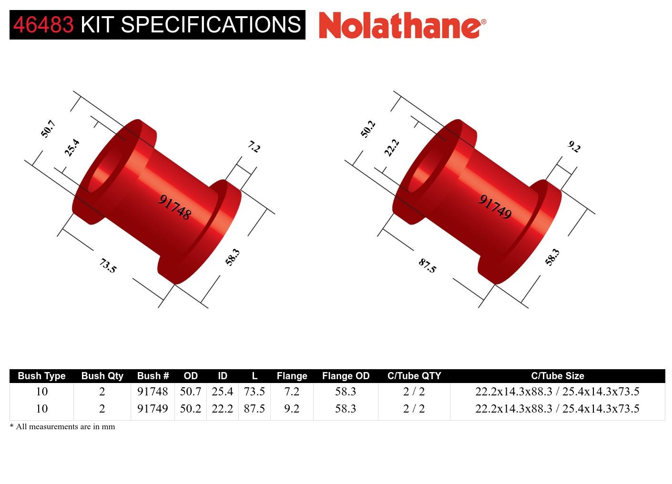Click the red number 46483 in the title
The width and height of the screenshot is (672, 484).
43,25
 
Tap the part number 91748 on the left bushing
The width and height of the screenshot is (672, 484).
174,207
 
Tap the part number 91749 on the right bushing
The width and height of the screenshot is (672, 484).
495,207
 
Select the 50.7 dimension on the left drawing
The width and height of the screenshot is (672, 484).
48,129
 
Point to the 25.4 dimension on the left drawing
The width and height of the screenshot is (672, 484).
72,148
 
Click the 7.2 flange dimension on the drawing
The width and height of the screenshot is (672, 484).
254,147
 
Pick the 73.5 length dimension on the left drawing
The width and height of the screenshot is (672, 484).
108,265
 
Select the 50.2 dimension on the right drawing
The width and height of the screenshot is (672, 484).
368,129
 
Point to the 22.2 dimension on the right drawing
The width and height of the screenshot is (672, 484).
392,148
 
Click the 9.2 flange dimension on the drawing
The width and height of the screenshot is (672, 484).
574,147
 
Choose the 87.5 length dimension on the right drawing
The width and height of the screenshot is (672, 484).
427,265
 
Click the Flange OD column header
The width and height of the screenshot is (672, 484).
346,376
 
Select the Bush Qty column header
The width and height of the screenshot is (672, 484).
102,376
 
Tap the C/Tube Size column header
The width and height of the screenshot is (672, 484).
557,376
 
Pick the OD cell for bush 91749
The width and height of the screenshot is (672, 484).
191,409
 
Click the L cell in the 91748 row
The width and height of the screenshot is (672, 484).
254,392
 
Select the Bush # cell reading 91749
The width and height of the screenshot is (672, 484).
153,409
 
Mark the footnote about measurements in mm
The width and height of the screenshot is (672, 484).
62,426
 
